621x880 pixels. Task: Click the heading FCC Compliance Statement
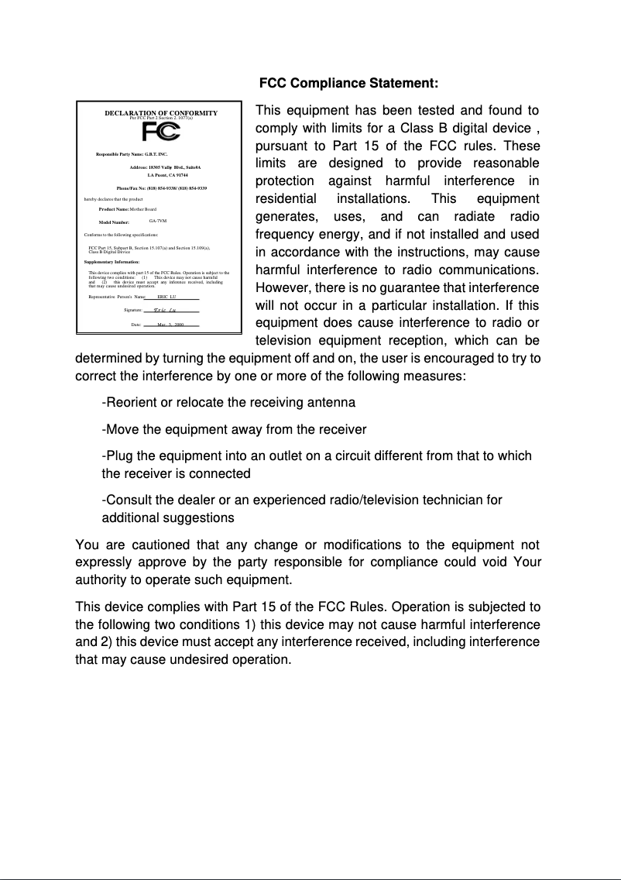[348, 83]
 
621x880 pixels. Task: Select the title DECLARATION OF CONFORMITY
[161, 113]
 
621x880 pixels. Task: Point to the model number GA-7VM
[158, 222]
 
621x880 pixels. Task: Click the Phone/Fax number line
[161, 188]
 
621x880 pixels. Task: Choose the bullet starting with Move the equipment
[234, 429]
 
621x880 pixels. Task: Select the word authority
[101, 579]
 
